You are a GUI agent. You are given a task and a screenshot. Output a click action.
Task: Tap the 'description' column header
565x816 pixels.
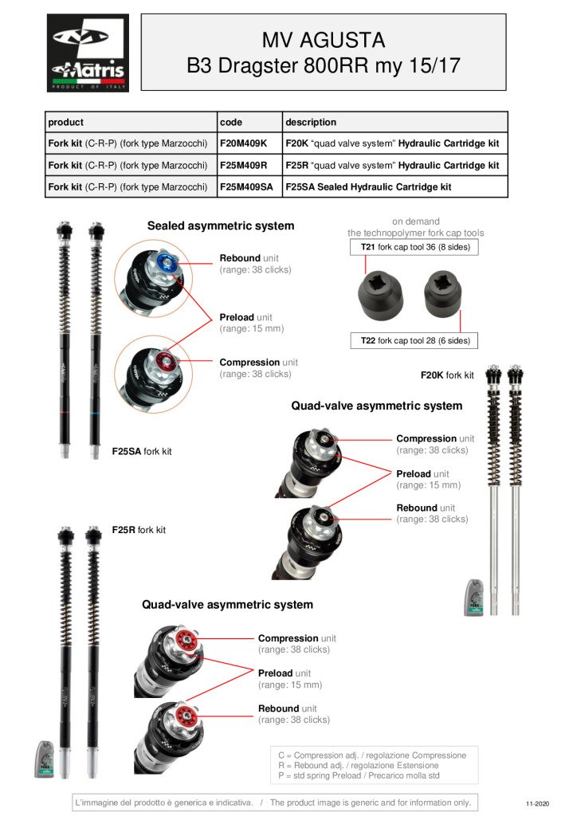click(x=311, y=122)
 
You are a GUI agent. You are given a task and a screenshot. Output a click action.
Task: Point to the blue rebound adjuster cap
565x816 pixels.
click(x=164, y=262)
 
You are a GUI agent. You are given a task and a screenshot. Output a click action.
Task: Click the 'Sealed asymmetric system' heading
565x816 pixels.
click(x=221, y=226)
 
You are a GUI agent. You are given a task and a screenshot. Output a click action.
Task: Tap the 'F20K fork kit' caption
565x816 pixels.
click(x=447, y=375)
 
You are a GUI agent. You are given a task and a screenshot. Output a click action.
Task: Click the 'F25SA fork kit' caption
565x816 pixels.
click(x=142, y=452)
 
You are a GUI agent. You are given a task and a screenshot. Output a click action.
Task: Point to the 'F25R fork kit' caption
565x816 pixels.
click(x=139, y=530)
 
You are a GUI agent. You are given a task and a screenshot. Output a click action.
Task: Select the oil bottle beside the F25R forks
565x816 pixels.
click(x=45, y=759)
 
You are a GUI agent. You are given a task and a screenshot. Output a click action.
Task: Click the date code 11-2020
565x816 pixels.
click(x=538, y=803)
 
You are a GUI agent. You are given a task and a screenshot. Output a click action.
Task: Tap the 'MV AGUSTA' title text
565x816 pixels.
click(x=324, y=40)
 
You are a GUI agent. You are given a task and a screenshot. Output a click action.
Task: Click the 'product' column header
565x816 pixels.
click(x=66, y=122)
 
